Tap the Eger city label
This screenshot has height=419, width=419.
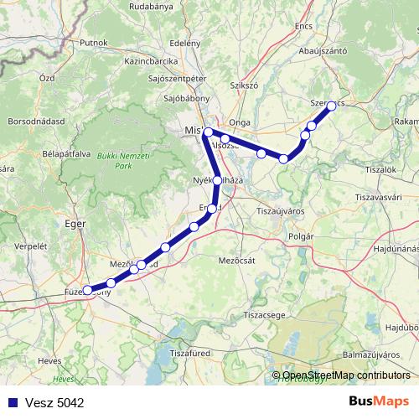click(x=75, y=224)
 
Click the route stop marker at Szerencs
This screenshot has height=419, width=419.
click(x=331, y=106)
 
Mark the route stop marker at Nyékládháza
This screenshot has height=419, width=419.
click(x=218, y=180)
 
